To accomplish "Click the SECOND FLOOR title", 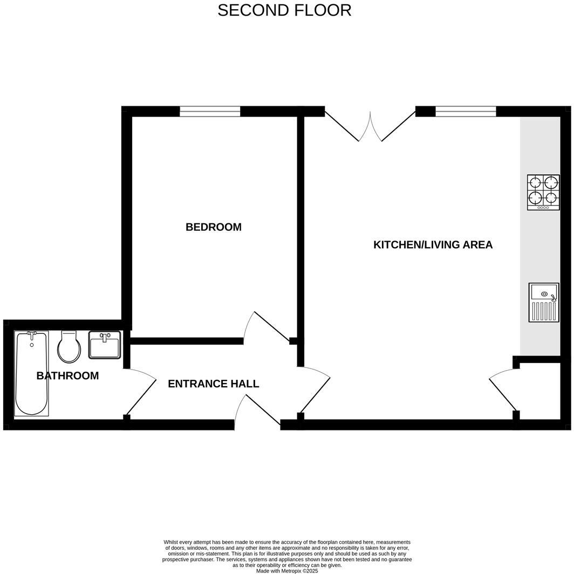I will point(284,10).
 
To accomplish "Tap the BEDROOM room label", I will point(213,227).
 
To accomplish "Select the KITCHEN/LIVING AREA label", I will point(433,245).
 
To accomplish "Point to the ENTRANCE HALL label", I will point(213,384).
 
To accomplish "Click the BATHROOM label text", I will point(67,376).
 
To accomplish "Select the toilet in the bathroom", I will point(69,347).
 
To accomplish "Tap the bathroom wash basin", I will point(105,345).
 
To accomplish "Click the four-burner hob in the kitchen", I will point(543,192).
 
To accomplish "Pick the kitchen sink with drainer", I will point(544,303).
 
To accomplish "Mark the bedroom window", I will point(210,111).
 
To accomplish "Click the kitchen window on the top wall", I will point(466,111).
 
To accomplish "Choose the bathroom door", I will point(140,391).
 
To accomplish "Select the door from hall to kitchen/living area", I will point(316,391).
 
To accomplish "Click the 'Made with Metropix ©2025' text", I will point(287,571).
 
